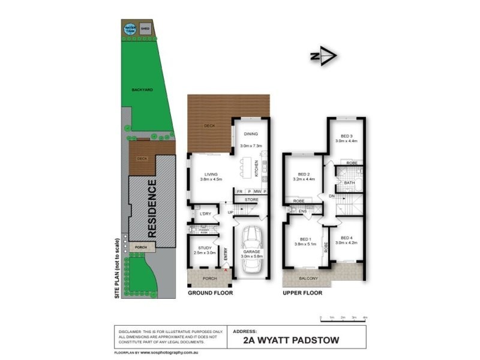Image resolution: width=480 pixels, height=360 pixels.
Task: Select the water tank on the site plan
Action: pos(130,29)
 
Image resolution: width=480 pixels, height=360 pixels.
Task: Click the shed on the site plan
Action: pos(145,28)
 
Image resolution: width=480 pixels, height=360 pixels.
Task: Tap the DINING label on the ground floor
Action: pos(251,134)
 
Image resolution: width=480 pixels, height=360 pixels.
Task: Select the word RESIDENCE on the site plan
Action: pos(152,209)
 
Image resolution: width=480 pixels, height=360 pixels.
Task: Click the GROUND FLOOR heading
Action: pos(210,293)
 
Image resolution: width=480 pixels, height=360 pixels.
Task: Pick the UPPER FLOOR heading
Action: pos(303,293)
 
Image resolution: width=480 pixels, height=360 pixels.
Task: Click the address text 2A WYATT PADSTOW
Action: pos(291,340)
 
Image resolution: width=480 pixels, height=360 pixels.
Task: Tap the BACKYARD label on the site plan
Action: pos(142,90)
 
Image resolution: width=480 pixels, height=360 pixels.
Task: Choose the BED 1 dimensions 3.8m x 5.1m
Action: pos(304,244)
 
